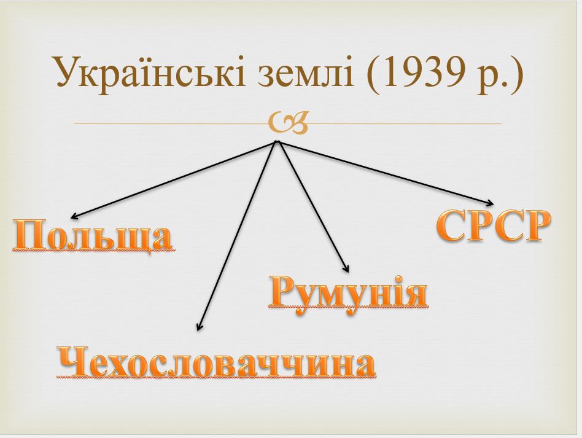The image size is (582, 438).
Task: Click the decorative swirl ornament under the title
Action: pyautogui.click(x=287, y=123)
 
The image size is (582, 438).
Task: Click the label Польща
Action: pyautogui.click(x=92, y=236)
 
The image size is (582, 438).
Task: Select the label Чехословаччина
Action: pyautogui.click(x=216, y=362)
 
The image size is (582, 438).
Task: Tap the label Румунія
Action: pyautogui.click(x=347, y=291)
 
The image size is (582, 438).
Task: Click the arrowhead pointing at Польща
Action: pyautogui.click(x=72, y=217)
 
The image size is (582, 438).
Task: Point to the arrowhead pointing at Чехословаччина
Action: pyautogui.click(x=198, y=328)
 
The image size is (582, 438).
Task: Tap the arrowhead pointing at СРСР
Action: pyautogui.click(x=491, y=203)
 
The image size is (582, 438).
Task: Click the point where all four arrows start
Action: pyautogui.click(x=277, y=141)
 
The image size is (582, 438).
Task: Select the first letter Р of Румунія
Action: pyautogui.click(x=282, y=292)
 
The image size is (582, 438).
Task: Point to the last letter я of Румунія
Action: pyautogui.click(x=415, y=292)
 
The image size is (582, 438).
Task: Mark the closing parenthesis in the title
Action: pyautogui.click(x=516, y=72)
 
